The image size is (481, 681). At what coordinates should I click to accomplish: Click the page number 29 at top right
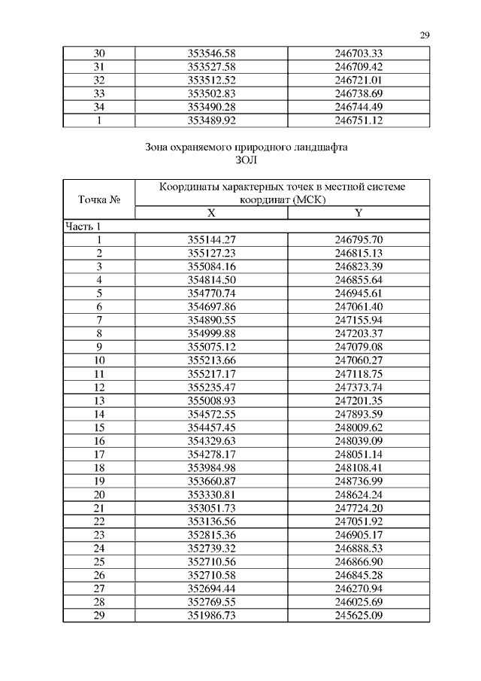click(424, 35)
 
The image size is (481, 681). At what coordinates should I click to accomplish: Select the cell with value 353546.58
click(211, 53)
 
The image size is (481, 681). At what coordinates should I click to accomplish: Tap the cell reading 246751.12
click(358, 119)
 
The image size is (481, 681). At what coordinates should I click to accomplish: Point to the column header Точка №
click(98, 200)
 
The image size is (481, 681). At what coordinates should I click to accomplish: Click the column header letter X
click(211, 214)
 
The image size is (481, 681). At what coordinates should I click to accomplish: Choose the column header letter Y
click(358, 214)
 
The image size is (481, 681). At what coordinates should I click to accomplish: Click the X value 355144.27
click(211, 239)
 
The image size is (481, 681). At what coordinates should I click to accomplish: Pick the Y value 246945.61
click(358, 293)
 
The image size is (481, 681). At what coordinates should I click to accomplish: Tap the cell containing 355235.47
click(211, 387)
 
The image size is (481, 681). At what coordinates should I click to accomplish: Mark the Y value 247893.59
click(358, 413)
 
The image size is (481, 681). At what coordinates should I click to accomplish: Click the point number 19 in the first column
click(98, 480)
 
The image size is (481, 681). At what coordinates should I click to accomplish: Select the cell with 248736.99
click(358, 480)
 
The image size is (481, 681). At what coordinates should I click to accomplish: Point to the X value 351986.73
click(211, 615)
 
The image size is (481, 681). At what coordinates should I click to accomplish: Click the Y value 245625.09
click(358, 615)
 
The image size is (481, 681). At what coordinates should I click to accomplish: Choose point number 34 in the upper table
click(98, 106)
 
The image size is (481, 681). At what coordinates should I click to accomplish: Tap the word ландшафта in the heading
click(315, 147)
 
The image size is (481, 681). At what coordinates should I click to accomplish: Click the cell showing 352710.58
click(211, 574)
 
